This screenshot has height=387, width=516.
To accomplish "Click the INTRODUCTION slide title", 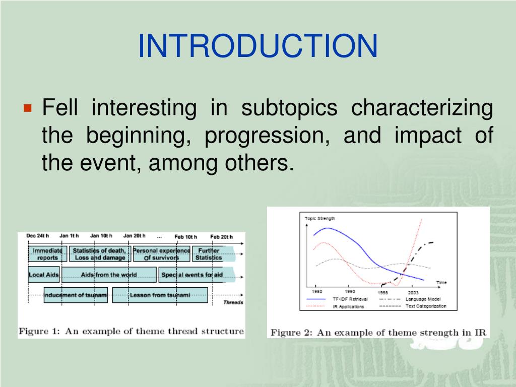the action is click(257, 46).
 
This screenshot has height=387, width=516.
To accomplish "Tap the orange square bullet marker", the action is click(28, 108).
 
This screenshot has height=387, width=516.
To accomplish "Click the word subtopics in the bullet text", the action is click(289, 108).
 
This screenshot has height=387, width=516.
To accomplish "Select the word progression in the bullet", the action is click(267, 135).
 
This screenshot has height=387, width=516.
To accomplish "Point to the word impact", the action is click(428, 135).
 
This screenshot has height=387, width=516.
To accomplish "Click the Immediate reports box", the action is click(48, 254).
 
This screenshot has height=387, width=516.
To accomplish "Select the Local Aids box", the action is click(44, 275).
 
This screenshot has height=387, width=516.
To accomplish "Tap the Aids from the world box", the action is click(109, 275).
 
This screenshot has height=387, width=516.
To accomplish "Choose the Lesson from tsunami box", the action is click(160, 295).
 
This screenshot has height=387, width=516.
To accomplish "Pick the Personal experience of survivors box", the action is click(162, 254).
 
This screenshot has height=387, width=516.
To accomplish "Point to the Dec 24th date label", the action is click(37, 236).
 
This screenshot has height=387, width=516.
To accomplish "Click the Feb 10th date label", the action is click(185, 237).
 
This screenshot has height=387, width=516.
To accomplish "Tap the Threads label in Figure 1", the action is click(233, 302).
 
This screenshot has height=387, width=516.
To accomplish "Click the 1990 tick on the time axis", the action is click(350, 291).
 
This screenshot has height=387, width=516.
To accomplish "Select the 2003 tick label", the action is click(413, 292).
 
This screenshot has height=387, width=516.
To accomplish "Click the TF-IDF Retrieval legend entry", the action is click(337, 299).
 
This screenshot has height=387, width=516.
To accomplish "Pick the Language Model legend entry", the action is click(410, 299).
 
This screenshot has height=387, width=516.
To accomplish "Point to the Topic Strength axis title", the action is click(320, 219).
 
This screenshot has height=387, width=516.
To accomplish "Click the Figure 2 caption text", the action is click(378, 333).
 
